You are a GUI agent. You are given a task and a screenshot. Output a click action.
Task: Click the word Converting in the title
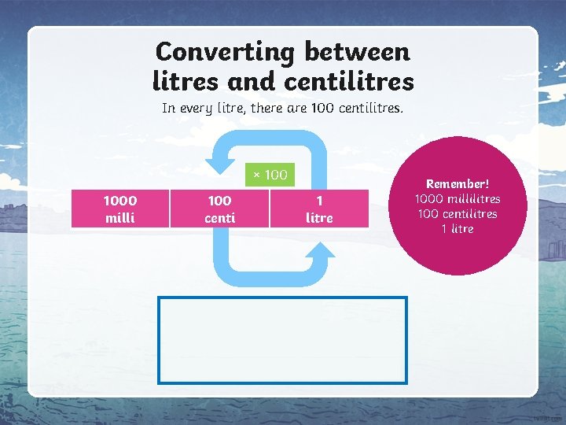(225, 52)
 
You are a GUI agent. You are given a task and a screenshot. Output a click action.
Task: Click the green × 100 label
(270, 175)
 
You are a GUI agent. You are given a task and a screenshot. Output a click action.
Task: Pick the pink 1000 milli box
(119, 209)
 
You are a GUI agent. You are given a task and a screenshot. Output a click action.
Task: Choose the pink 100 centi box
(219, 209)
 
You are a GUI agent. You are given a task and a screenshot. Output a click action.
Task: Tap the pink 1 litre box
(319, 209)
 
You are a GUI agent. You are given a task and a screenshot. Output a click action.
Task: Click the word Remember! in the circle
(458, 183)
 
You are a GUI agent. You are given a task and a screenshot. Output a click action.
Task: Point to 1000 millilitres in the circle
(458, 198)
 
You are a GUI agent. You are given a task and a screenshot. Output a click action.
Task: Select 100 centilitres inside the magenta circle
(458, 213)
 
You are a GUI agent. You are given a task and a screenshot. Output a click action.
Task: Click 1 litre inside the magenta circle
(458, 228)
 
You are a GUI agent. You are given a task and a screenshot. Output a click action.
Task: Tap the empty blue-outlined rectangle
(283, 340)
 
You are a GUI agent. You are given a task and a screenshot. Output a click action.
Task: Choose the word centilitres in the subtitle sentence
(371, 108)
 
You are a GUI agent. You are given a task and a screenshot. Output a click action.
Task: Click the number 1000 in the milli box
(119, 201)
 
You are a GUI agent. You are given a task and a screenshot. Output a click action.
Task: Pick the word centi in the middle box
(219, 218)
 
